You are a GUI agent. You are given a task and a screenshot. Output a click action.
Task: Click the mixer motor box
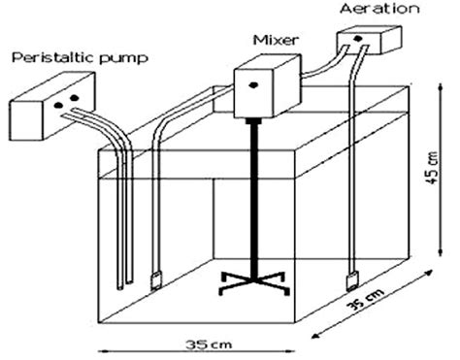click(x=267, y=87)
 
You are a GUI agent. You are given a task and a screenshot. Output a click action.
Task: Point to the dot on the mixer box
click(x=254, y=85)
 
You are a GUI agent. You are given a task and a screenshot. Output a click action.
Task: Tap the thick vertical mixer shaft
click(x=253, y=194)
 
